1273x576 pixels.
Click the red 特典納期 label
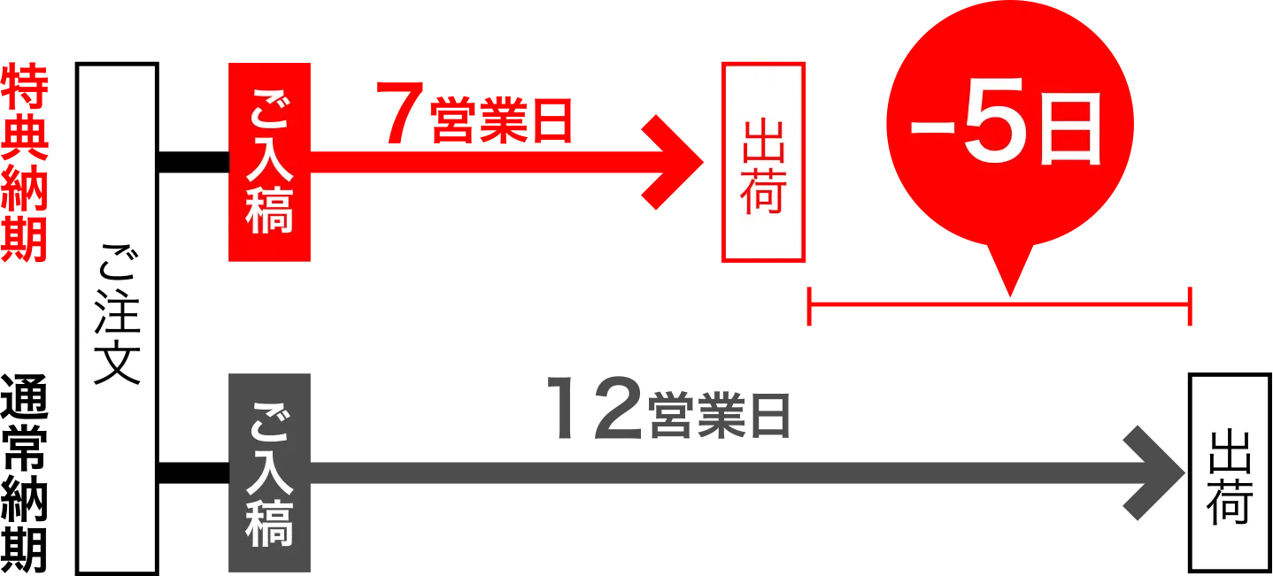[x=25, y=163]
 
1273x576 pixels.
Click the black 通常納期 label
[x=25, y=473]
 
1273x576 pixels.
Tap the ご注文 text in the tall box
[x=117, y=315]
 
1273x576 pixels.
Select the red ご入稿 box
[x=269, y=162]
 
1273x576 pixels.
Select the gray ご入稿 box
[x=269, y=472]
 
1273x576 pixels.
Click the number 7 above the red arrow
[x=399, y=112]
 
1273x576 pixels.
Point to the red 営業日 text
[x=501, y=121]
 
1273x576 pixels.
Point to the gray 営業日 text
[x=720, y=416]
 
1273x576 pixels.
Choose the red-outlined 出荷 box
[x=763, y=162]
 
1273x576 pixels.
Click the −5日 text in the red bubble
[x=1006, y=127]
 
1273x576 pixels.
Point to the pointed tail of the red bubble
[x=1010, y=296]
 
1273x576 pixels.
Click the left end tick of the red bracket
[x=809, y=306]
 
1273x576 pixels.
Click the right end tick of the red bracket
[x=1190, y=306]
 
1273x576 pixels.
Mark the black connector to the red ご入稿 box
[x=193, y=162]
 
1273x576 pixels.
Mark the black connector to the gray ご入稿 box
[x=193, y=472]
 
